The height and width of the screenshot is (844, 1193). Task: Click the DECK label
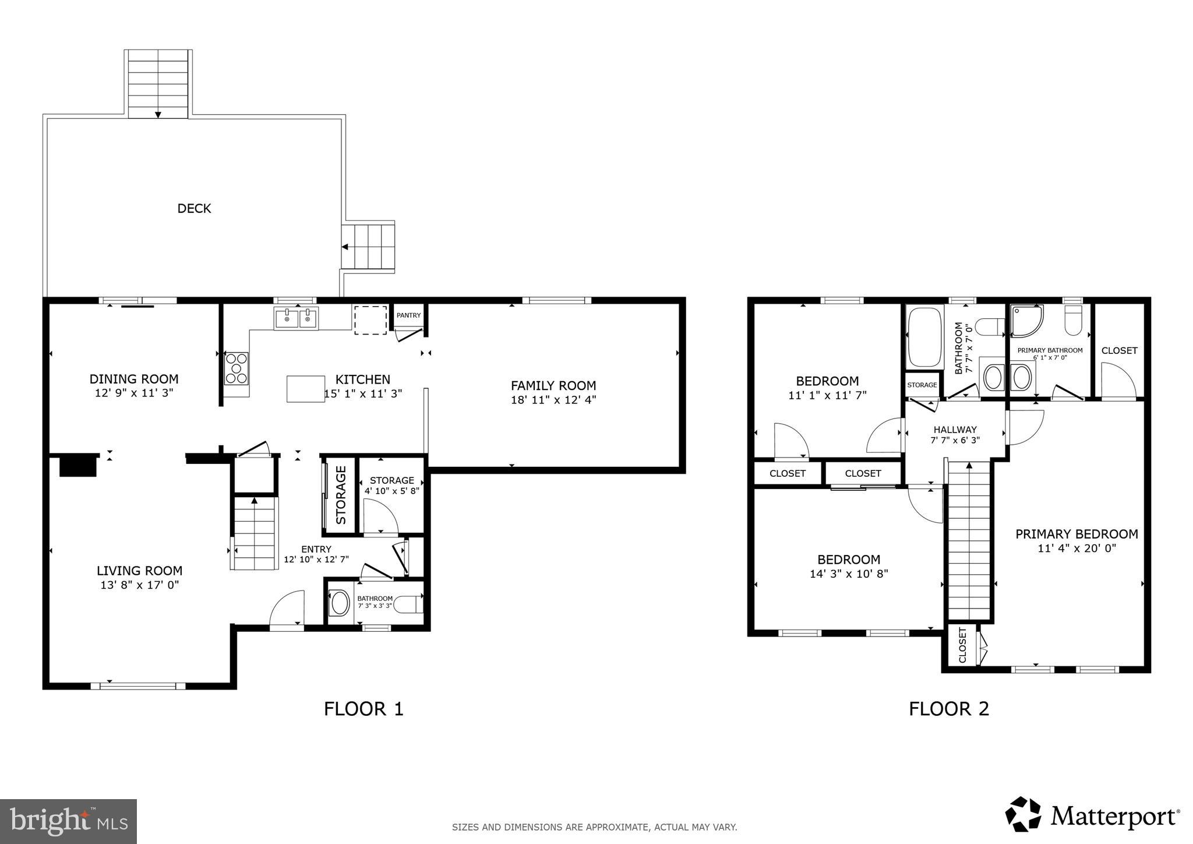click(x=194, y=209)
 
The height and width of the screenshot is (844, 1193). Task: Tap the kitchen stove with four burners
click(x=237, y=368)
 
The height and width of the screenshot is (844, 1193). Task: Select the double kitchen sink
click(x=296, y=319)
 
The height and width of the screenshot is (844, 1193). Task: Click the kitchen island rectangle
click(x=306, y=389)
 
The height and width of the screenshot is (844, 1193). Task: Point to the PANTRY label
click(x=408, y=315)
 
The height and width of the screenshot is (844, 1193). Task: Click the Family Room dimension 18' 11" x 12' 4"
click(x=553, y=400)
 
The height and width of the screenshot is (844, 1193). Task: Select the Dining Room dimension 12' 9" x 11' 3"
click(x=134, y=393)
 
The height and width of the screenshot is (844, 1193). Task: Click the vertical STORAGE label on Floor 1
click(x=341, y=495)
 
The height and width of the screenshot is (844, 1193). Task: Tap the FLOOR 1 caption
click(x=363, y=709)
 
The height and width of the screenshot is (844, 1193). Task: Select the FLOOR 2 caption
click(x=949, y=709)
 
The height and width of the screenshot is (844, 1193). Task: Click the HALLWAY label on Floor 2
click(x=955, y=430)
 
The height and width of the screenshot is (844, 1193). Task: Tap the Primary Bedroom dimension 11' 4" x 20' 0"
click(x=1076, y=548)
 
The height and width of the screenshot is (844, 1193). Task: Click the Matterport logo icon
click(x=1023, y=814)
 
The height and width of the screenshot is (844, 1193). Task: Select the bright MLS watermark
click(x=68, y=821)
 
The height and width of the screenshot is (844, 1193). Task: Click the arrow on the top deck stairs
click(x=158, y=114)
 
